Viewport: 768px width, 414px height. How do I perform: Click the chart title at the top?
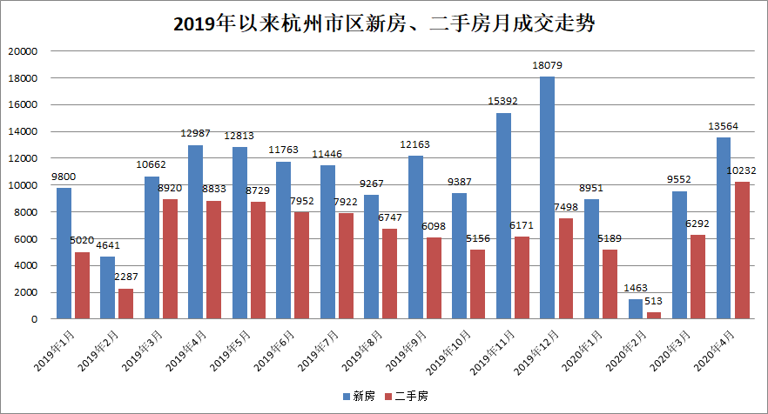point(384,23)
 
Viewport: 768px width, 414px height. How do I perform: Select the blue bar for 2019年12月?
point(547,198)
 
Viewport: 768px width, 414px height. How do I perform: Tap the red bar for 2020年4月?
point(741,250)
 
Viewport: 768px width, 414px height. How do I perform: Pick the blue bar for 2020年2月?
point(636,310)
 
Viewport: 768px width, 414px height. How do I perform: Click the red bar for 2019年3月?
point(170,259)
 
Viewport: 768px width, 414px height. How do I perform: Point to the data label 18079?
point(548,65)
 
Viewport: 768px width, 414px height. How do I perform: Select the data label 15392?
point(503,101)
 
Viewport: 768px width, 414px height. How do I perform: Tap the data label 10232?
point(743,170)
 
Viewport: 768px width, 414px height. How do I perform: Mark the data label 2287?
point(126,277)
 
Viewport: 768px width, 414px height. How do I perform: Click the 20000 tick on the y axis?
point(24,51)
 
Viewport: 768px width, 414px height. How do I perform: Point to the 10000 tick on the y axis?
point(24,185)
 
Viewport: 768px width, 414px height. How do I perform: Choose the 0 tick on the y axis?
point(35,319)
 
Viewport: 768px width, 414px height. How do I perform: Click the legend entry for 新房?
point(357,396)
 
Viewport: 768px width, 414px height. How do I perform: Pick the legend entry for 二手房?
point(408,396)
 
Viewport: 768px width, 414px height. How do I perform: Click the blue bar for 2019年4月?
point(196,232)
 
